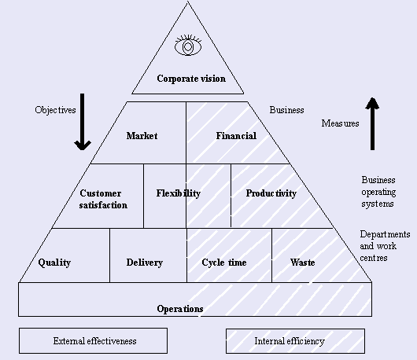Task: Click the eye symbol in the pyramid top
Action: point(188,46)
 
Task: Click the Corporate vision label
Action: point(191,79)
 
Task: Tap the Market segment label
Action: point(142,136)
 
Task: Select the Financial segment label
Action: point(236,136)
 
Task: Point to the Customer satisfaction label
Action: point(103,199)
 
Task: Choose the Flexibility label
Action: point(178,193)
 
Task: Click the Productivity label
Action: point(271,193)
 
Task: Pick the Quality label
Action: point(54,263)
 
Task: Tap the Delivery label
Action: point(145,263)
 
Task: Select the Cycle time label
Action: point(224,263)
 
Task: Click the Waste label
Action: point(303,263)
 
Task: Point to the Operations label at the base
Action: point(180,309)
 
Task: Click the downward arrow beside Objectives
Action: point(83,122)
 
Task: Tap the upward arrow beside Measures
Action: point(372,123)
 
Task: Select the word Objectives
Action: point(55,110)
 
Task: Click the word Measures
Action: point(340,123)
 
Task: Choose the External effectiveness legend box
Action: point(93,341)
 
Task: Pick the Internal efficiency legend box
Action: point(295,341)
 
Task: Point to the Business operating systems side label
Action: point(378,192)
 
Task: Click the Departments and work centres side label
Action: point(385,246)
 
